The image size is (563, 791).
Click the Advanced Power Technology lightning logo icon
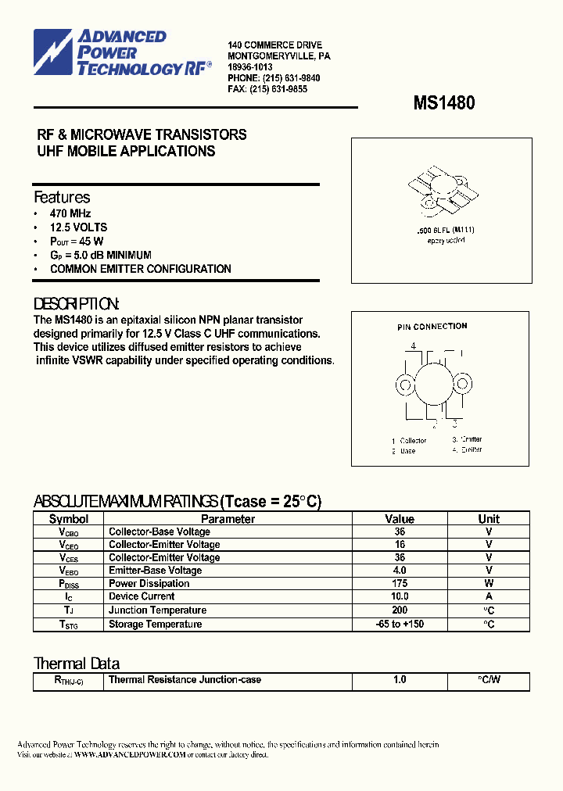[x=52, y=52]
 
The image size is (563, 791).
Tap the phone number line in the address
[x=274, y=78]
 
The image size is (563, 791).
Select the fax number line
[x=267, y=89]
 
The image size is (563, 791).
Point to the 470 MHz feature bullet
[x=70, y=213]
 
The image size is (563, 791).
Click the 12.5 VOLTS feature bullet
[x=78, y=227]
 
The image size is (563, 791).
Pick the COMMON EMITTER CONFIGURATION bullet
[x=140, y=269]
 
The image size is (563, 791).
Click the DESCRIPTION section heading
[x=77, y=304]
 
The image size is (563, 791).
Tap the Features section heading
[x=62, y=198]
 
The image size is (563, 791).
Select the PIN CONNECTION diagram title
[x=432, y=327]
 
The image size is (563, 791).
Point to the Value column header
[x=400, y=519]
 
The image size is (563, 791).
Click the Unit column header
[x=489, y=519]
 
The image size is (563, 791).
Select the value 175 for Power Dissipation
[x=400, y=584]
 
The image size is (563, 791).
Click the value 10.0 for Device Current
[x=400, y=596]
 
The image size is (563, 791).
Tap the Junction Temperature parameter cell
[x=157, y=610]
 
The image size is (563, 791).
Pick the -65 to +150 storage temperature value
[x=400, y=625]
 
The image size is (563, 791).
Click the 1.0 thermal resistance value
[x=400, y=680]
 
